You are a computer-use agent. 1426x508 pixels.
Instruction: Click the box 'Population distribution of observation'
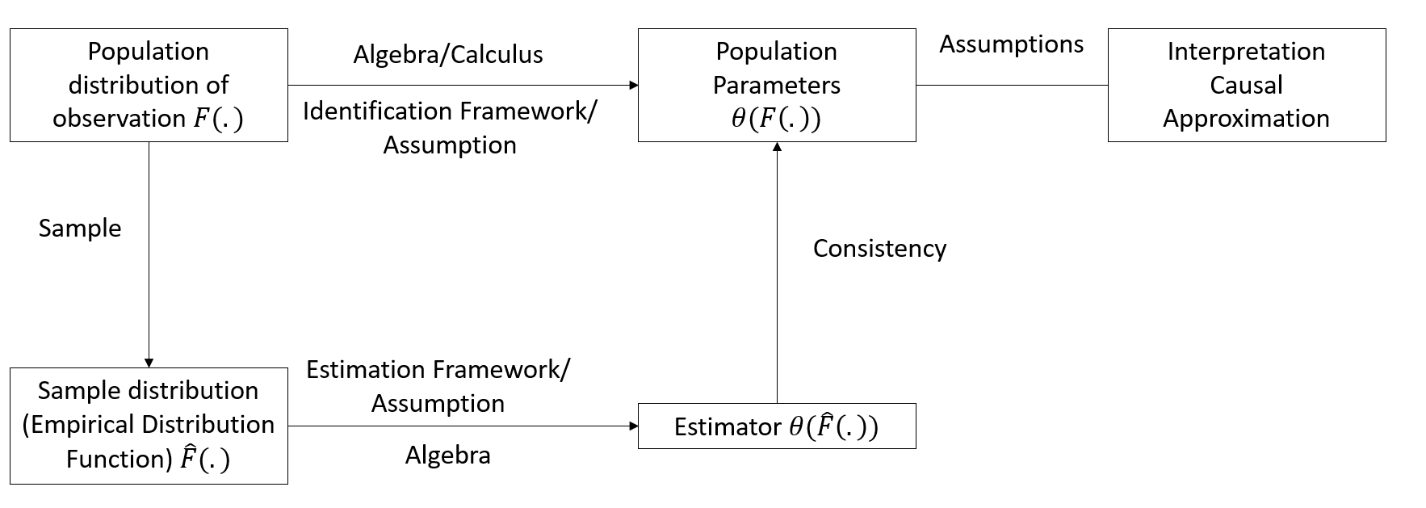coord(149,85)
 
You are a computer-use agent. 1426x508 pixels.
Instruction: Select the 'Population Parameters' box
coord(777,85)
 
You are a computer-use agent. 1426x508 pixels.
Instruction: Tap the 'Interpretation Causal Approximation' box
coord(1246,85)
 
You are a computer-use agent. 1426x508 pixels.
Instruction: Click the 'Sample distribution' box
coord(149,426)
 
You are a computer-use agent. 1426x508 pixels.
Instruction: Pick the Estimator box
coord(777,426)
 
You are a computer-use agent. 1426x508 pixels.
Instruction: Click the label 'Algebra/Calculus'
coord(448,54)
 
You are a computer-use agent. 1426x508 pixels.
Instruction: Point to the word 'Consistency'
coord(879,248)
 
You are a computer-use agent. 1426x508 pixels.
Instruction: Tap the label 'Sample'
coord(80,228)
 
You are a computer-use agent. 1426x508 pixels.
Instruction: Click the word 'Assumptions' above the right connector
coord(1011,44)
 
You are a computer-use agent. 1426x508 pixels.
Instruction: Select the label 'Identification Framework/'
coord(450,111)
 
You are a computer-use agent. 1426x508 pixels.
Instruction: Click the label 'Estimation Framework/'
coord(438,369)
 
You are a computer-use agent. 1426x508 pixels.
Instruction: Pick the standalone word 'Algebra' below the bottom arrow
coord(447,455)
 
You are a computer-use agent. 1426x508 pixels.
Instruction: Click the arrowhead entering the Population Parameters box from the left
coord(633,85)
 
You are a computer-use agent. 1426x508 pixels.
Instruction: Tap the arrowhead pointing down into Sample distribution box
coord(149,363)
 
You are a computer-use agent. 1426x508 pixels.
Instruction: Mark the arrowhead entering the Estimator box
coord(633,426)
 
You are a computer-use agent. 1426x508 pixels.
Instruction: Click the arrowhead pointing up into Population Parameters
coord(777,147)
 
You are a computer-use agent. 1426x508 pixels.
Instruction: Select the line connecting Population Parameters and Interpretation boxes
coord(1011,85)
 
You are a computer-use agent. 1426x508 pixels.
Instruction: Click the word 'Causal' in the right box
coord(1246,85)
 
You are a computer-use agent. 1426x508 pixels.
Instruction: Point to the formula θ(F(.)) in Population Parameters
coord(776,119)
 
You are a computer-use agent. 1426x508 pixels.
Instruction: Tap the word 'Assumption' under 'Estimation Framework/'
coord(438,403)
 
